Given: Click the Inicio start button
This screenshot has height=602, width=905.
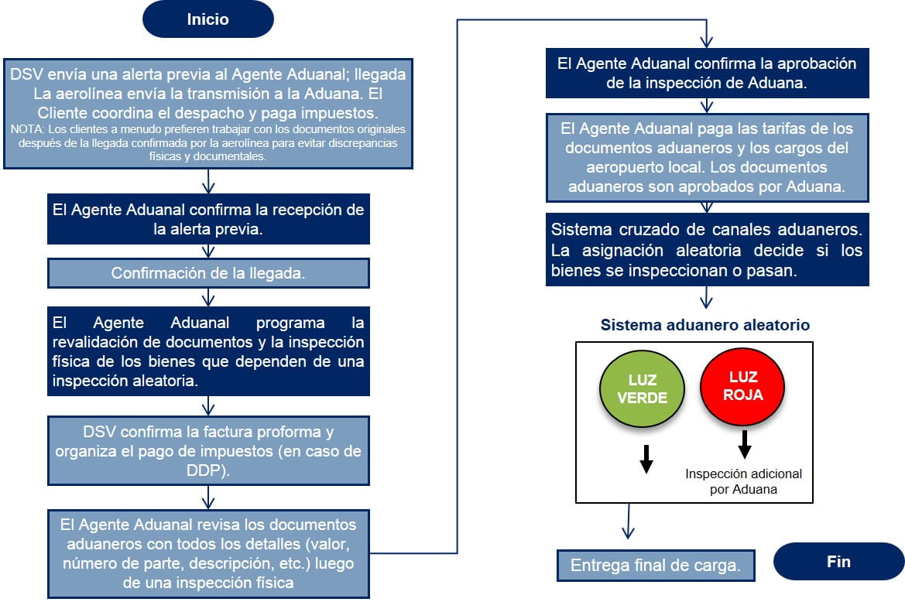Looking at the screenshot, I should coord(207,19).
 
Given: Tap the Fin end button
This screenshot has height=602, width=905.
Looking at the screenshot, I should coord(838,562).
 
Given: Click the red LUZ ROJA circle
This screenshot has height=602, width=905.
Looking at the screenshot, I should coord(742,385).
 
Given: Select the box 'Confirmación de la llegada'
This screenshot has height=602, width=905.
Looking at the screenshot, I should coord(208,273).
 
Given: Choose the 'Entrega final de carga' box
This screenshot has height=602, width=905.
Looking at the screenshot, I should coord(654,566).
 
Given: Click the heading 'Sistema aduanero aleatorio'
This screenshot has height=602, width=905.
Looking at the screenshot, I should coord(704,325).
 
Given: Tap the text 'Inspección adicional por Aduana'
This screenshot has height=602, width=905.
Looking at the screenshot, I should coord(744,481).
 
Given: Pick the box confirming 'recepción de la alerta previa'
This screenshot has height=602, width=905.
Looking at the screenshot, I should coord(208,220).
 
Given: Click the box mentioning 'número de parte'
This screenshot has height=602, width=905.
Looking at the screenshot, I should coord(208,552).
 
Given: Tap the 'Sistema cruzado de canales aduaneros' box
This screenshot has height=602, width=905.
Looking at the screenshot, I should coord(706,250).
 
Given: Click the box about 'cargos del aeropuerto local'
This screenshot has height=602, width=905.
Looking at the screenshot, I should coord(706,157).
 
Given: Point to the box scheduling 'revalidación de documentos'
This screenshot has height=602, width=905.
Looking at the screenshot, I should coord(208,351).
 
